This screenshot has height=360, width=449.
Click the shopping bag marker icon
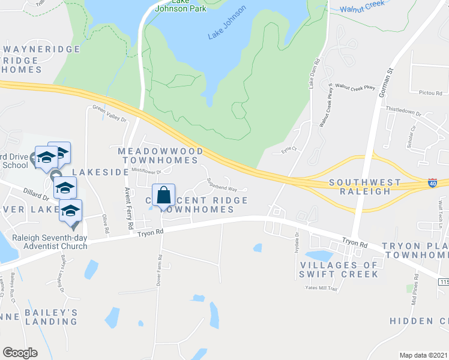(x=163, y=196)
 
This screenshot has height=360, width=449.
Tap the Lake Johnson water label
(x=227, y=22)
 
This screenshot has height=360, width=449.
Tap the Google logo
(x=20, y=353)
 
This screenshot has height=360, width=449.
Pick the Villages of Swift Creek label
(x=339, y=269)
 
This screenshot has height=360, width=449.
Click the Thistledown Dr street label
(x=403, y=110)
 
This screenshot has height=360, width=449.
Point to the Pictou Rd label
(x=430, y=93)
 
